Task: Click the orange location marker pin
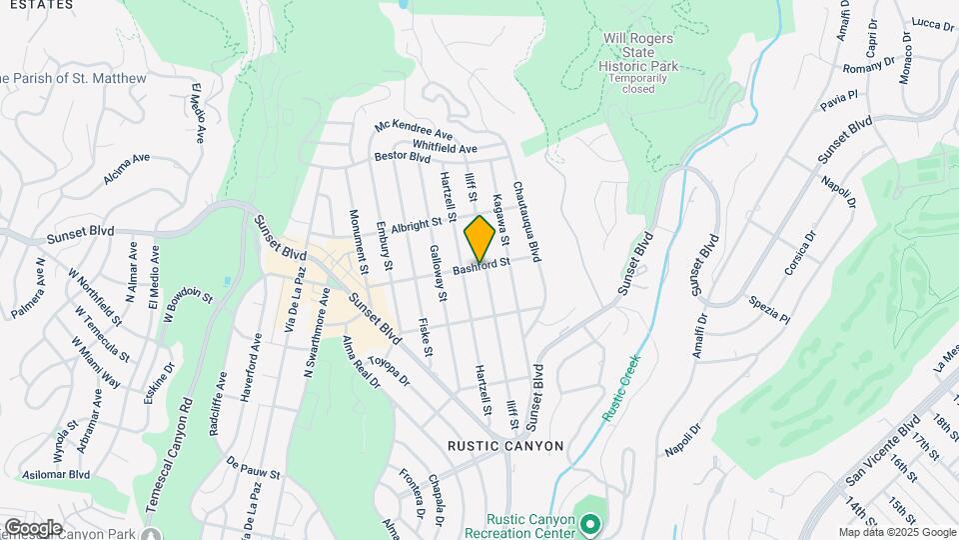click(x=479, y=239)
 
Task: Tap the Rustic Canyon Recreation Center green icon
click(x=590, y=523)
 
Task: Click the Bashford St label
click(x=481, y=267)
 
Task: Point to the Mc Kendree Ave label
click(x=414, y=131)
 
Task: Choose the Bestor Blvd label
click(x=402, y=157)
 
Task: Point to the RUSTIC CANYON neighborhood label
click(x=505, y=446)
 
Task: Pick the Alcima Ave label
click(x=126, y=169)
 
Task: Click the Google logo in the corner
click(x=32, y=527)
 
